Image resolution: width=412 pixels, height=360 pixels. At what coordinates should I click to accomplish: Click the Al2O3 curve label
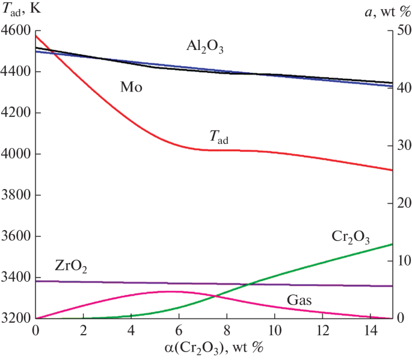coord(204,46)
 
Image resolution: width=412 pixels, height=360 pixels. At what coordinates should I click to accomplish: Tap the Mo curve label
coord(131,87)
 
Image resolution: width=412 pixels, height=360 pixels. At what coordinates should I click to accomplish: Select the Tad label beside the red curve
coord(218,138)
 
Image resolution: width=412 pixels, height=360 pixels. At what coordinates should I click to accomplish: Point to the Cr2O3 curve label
coord(351,237)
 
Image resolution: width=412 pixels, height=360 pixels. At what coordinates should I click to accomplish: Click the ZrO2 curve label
coord(71,266)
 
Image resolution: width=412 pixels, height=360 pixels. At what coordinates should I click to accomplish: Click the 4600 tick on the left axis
coord(16,31)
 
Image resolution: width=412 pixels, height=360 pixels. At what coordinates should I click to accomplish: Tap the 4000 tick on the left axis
coord(16,154)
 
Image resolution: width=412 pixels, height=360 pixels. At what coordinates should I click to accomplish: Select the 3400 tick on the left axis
coord(16,278)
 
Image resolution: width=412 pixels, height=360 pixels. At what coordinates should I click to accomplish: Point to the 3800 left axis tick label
coord(16,195)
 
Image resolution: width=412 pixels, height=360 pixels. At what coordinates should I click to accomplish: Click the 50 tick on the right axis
coord(402,31)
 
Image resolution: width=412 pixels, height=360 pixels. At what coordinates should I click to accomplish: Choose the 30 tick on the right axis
coord(402,146)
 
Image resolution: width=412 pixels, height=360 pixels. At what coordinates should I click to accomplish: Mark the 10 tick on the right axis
coord(402,261)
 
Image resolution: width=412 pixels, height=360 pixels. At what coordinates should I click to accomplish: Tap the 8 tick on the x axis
coord(227,331)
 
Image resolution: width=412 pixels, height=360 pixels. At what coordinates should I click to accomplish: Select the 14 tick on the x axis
coord(370,331)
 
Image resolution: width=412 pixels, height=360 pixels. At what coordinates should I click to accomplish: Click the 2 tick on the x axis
coord(84,331)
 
